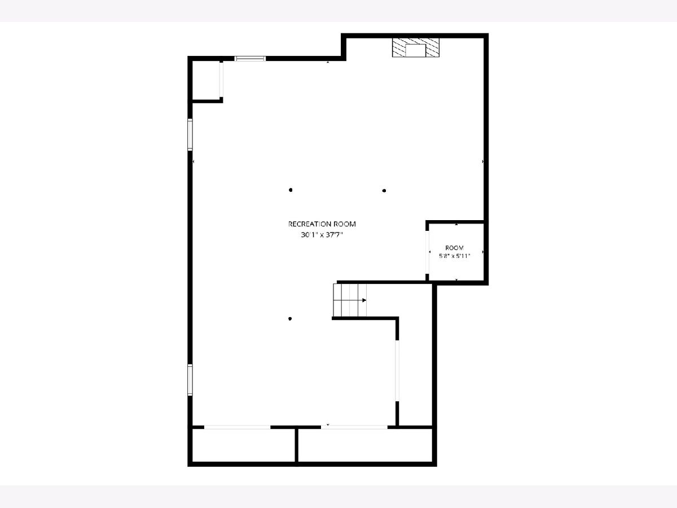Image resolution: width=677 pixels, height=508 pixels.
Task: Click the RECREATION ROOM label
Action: [322, 224]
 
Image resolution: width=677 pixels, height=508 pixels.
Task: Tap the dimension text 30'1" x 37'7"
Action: [322, 235]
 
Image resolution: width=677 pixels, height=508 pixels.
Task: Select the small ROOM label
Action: [454, 248]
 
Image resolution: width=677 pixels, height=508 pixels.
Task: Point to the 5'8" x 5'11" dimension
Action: [454, 256]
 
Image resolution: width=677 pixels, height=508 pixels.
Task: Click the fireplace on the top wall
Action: [415, 47]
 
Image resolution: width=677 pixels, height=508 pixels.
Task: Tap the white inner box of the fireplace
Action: [415, 51]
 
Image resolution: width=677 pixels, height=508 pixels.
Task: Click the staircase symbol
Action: [350, 300]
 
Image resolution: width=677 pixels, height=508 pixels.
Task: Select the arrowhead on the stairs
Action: [364, 300]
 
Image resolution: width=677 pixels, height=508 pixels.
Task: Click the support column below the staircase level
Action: [290, 318]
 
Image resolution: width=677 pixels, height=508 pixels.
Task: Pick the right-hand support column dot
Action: [384, 191]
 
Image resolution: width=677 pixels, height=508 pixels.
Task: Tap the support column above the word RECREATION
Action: [291, 190]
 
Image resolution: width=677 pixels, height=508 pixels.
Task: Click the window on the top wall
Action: [250, 59]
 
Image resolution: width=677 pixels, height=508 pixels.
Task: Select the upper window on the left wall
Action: [190, 134]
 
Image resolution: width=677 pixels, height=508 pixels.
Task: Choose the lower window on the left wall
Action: [190, 380]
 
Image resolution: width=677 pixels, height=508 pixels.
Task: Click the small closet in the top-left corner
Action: [206, 80]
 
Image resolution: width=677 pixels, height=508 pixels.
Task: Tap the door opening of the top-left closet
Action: [221, 79]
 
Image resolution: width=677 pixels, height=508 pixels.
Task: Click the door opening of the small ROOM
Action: [427, 252]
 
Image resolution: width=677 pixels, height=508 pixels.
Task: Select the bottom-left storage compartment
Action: [244, 445]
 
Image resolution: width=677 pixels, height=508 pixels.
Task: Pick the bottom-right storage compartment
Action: [365, 445]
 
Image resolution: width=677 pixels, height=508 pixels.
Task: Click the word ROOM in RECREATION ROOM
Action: [343, 224]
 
